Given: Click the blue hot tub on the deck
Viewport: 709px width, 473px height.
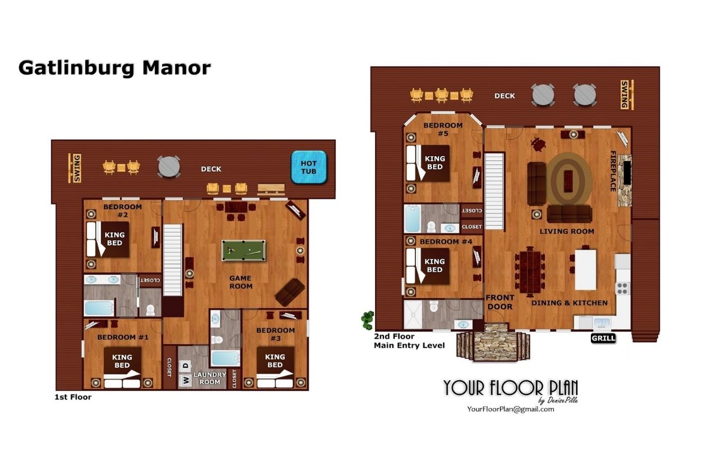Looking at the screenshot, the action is pos(308,167).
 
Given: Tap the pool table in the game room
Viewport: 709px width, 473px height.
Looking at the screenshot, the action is pos(243,251).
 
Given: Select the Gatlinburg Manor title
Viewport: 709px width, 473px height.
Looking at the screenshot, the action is pos(115,68).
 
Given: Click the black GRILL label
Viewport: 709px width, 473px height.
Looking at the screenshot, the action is pos(603,338).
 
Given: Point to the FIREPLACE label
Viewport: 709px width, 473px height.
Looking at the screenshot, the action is pos(613,171).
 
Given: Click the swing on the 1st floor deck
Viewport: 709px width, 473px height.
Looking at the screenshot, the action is pos(75,169).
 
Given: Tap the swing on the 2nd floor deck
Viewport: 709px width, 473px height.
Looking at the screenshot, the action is pos(626,95).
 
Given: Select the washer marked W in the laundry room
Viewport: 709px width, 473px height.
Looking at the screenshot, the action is pos(186,380).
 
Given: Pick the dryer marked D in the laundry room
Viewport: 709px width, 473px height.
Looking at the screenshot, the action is pos(186,366).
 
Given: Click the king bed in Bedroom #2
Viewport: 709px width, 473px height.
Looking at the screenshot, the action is pos(108,239).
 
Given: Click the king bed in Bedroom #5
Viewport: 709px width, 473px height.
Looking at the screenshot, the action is pos(428,163).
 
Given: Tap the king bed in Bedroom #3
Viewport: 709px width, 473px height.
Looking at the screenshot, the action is pos(275,367).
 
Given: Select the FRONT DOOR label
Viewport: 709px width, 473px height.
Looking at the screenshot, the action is pos(500,302).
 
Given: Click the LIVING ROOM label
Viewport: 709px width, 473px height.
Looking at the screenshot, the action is pos(567,232).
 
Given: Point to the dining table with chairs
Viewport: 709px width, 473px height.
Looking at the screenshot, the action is pos(530,272).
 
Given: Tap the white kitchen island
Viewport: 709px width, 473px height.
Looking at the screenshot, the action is pos(586,270).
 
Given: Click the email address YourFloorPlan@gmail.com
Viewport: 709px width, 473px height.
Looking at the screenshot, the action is pos(510,409).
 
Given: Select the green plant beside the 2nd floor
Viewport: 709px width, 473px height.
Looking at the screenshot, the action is pos(367,320).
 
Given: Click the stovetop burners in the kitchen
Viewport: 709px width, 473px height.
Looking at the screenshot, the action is pos(622,289).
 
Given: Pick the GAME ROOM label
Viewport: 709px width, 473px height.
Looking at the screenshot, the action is pos(240,282).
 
